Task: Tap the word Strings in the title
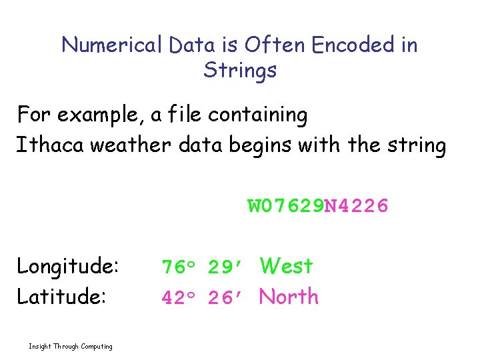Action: click(240, 70)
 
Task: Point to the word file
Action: click(185, 115)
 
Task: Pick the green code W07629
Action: click(285, 206)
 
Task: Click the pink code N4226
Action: click(355, 206)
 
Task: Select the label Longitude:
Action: click(68, 267)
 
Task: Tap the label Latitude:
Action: click(61, 297)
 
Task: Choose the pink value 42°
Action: click(178, 298)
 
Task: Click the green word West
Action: click(286, 267)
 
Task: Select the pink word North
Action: click(289, 297)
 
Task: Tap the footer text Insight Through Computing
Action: click(71, 346)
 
